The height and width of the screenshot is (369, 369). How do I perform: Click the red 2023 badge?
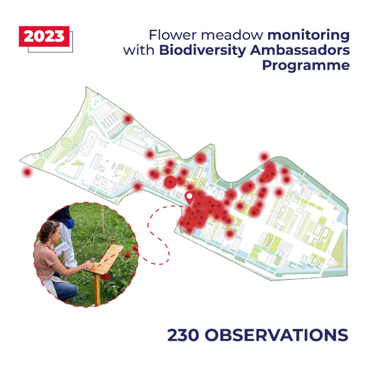point(44,36)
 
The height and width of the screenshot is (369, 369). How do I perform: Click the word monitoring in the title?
point(308,35)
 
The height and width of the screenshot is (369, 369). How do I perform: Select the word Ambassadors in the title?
point(300,50)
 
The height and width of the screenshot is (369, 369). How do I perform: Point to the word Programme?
point(306,65)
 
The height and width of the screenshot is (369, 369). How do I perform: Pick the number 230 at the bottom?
point(183,335)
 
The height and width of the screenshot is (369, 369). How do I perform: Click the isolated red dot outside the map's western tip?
point(27,172)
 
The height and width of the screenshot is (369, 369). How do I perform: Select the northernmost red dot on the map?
point(128,119)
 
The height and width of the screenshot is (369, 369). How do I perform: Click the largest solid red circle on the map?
point(170,182)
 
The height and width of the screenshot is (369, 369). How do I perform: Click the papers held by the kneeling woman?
point(63,248)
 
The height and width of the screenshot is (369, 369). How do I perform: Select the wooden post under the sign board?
point(97,289)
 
